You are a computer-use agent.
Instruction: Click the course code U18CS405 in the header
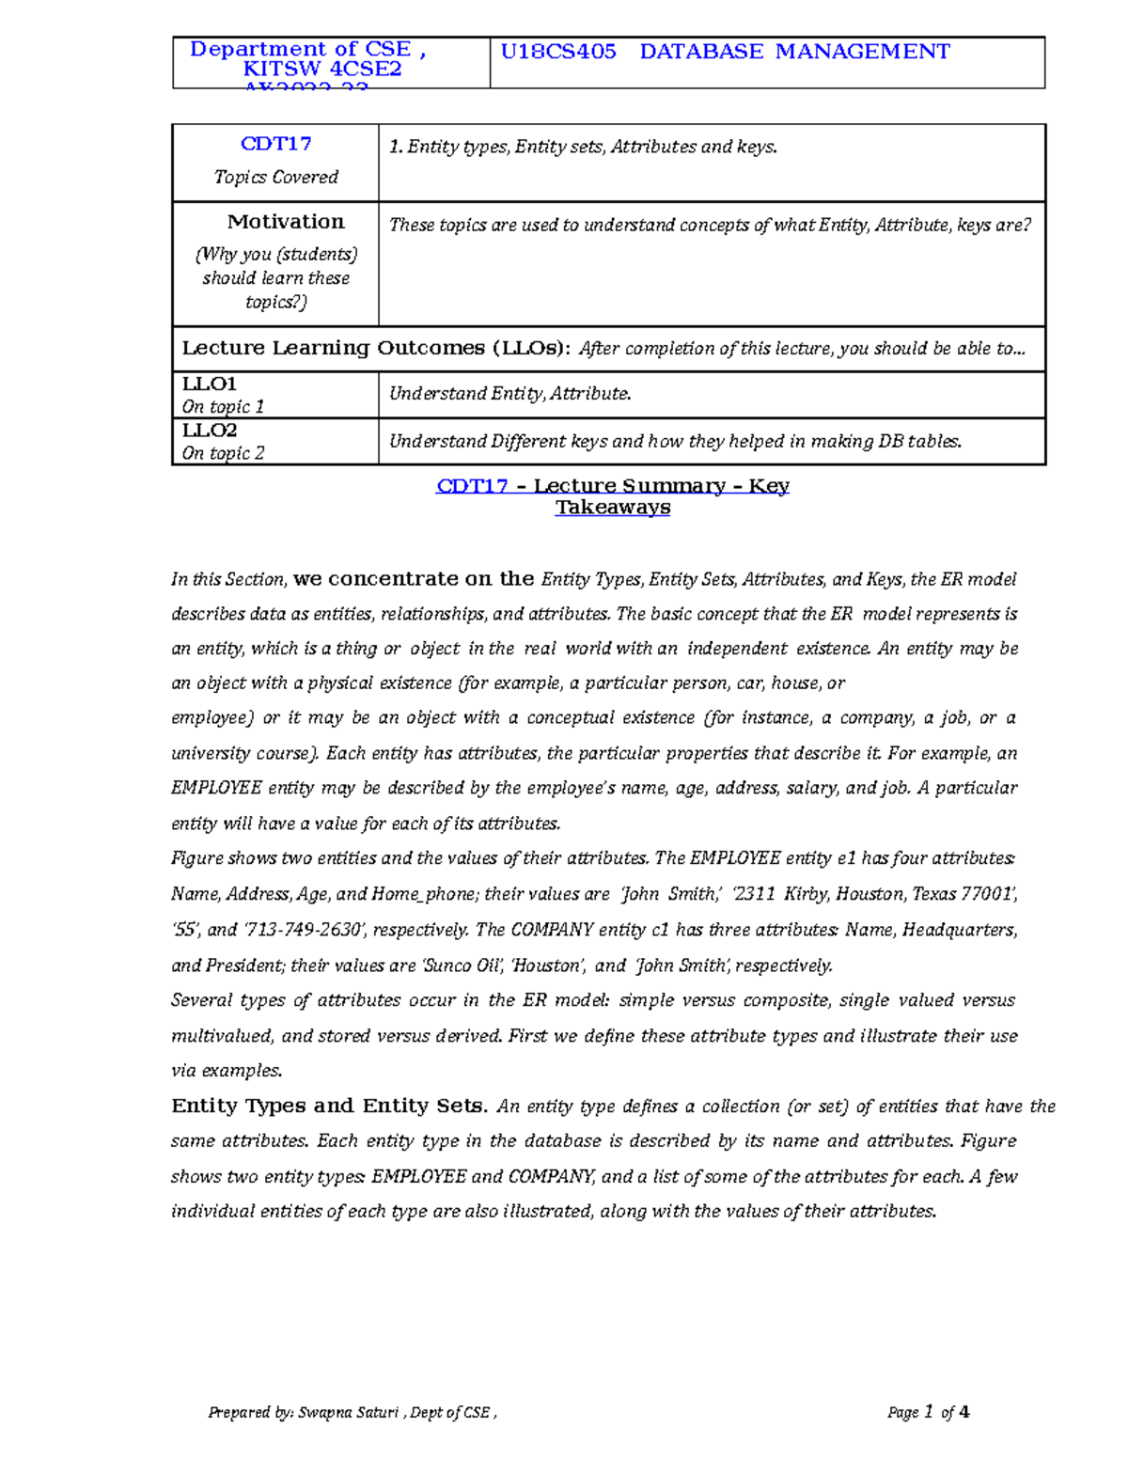pos(558,52)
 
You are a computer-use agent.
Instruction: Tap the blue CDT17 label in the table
pos(275,144)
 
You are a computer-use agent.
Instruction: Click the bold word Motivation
pos(286,222)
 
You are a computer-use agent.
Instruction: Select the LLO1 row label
pos(210,385)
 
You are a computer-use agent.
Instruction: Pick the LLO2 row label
pos(210,431)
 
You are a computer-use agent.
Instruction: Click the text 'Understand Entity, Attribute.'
pos(509,394)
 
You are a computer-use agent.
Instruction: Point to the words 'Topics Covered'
pos(275,177)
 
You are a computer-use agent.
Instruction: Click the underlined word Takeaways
pos(613,508)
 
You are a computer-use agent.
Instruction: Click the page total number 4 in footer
pos(964,1412)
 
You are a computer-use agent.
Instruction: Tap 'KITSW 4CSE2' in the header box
pos(322,69)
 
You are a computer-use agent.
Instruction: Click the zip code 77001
pos(987,894)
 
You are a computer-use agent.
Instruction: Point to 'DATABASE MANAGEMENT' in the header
pos(794,52)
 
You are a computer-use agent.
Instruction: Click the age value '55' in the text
pos(184,930)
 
